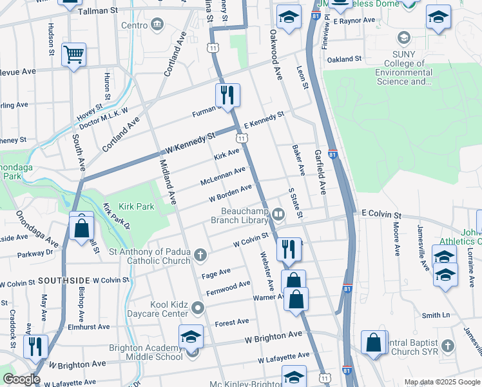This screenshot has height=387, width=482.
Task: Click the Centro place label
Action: click(135, 25)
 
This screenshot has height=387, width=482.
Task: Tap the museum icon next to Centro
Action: click(157, 25)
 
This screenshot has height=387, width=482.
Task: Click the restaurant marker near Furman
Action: click(227, 95)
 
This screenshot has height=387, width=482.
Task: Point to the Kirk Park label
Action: click(136, 206)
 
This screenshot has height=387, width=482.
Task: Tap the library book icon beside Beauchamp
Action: click(278, 213)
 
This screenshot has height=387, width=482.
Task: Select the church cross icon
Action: click(200, 256)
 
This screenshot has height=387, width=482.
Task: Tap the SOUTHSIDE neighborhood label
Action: click(64, 281)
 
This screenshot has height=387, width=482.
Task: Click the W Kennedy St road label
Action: click(190, 143)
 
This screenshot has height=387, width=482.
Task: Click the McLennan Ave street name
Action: click(223, 175)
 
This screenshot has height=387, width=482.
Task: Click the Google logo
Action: click(21, 379)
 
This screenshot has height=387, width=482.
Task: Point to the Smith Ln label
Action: click(436, 315)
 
